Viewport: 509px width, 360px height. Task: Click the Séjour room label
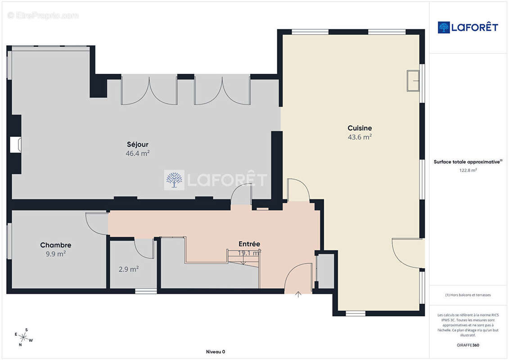tap(138, 144)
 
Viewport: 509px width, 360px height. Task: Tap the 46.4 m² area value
tap(138, 153)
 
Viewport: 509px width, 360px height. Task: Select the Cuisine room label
tap(360, 128)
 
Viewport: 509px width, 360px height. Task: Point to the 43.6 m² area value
tap(360, 137)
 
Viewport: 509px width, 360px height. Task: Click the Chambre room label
tap(55, 245)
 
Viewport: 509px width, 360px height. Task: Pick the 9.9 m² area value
tap(55, 254)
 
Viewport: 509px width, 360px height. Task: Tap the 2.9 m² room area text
tap(129, 269)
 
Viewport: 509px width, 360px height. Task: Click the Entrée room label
tap(249, 244)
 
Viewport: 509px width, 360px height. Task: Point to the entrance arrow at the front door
tap(298, 294)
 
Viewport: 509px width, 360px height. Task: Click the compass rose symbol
tap(23, 337)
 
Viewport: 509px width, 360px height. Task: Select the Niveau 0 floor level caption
tap(216, 351)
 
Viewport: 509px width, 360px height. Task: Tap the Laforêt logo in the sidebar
tap(468, 27)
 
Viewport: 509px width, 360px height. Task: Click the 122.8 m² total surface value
tap(468, 170)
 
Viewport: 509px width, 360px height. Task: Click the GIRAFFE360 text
tap(468, 345)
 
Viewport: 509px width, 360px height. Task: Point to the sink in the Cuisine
tap(413, 81)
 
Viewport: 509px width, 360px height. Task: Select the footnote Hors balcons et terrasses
tap(468, 295)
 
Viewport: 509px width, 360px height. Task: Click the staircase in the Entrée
tap(243, 258)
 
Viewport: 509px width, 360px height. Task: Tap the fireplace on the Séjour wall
tap(16, 145)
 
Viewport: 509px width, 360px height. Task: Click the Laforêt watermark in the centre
tap(216, 180)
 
